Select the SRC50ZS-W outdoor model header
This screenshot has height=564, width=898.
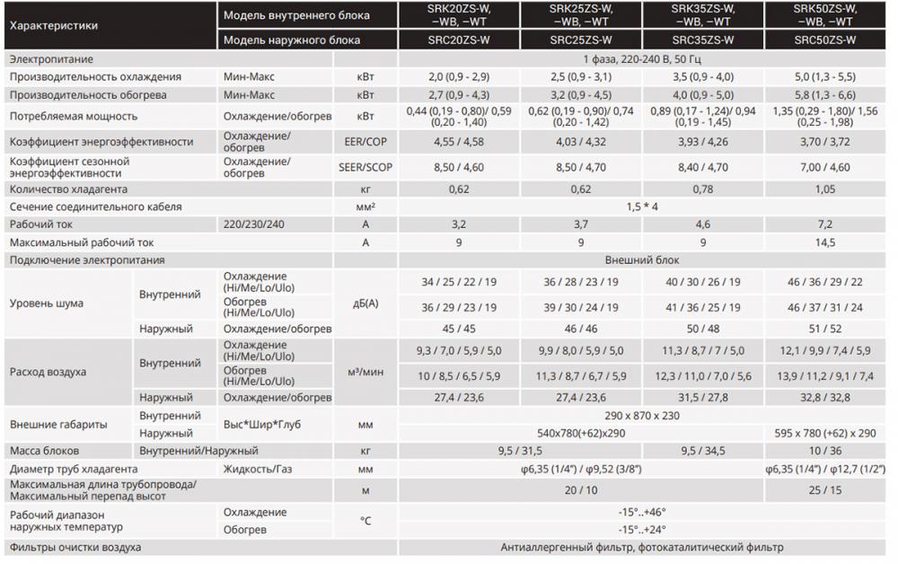click(824, 40)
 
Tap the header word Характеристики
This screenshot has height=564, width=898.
click(53, 26)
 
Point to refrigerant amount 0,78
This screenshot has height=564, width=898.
click(703, 189)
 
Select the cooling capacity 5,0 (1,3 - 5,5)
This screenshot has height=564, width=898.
click(824, 76)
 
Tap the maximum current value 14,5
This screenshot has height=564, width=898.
click(824, 242)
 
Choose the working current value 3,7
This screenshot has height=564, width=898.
click(581, 224)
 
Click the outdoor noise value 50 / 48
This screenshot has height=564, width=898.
click(703, 329)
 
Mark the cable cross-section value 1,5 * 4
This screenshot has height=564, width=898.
click(642, 207)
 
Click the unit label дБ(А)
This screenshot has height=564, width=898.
click(365, 304)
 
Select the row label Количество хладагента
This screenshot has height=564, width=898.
click(67, 189)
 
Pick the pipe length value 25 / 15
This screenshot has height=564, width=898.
click(824, 490)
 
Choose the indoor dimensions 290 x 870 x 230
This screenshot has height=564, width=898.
click(642, 416)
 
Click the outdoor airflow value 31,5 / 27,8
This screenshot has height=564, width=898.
click(703, 397)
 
